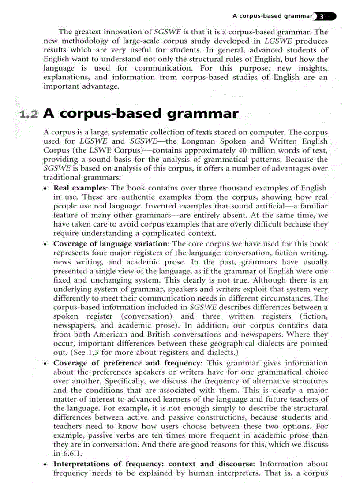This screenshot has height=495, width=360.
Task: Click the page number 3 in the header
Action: click(x=322, y=16)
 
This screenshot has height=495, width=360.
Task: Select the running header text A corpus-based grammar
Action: click(x=272, y=16)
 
